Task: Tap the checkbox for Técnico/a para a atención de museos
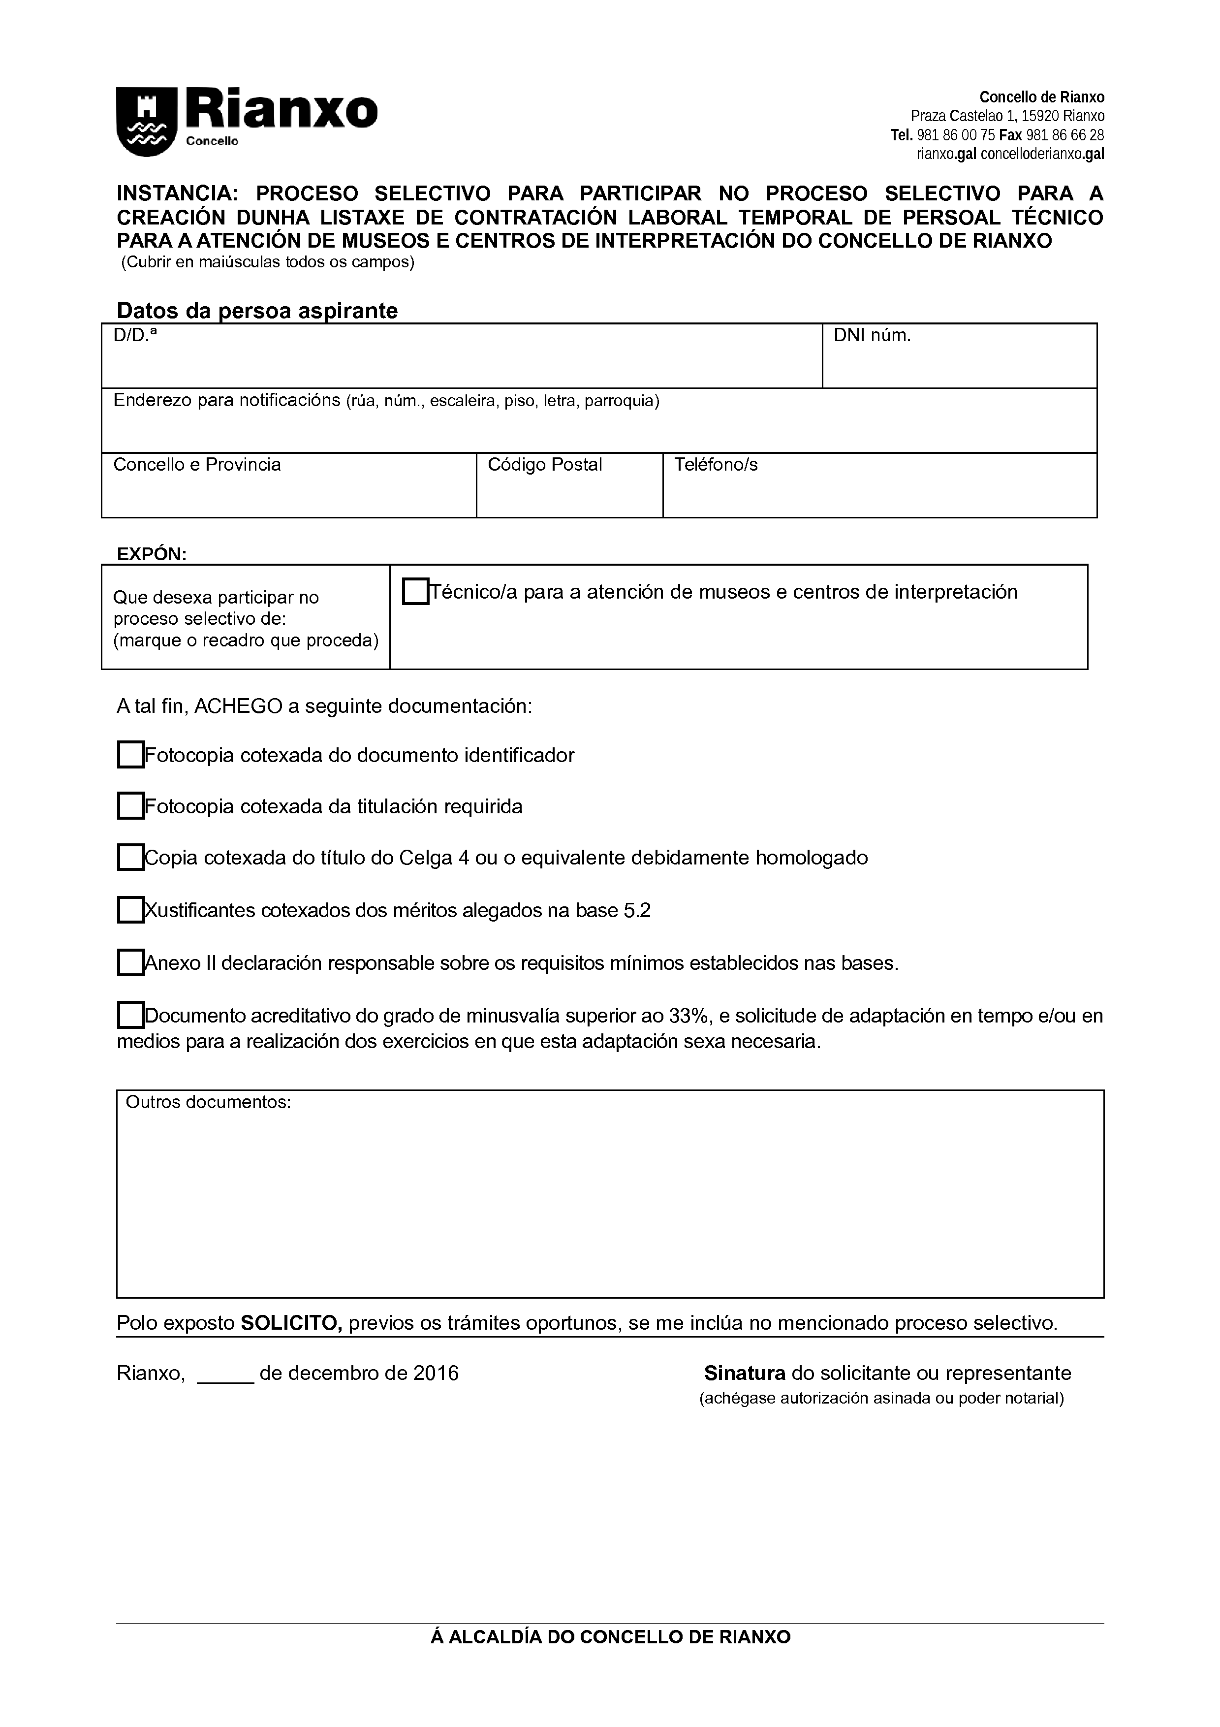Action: [x=415, y=591]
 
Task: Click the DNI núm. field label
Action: [x=872, y=336]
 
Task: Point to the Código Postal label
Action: [x=545, y=465]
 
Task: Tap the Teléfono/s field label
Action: [x=716, y=465]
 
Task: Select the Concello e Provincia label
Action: [x=197, y=465]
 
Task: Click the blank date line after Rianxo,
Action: [x=225, y=1374]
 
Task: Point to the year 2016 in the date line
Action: [x=436, y=1374]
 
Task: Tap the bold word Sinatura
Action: [x=744, y=1374]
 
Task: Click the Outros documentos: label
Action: [x=208, y=1103]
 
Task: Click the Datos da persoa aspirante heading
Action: [x=257, y=311]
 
